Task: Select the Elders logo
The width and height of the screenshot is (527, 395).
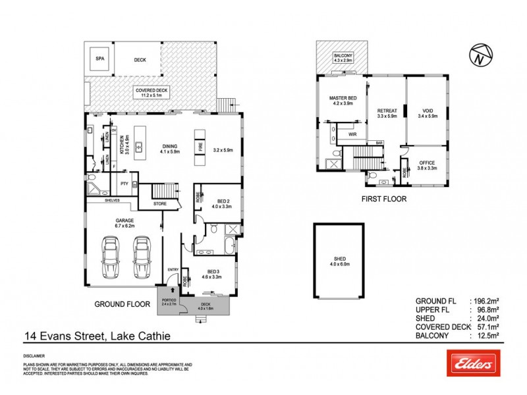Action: click(x=472, y=363)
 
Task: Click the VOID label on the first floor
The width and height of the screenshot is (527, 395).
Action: click(x=428, y=111)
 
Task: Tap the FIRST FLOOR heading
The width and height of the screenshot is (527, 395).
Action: click(x=384, y=198)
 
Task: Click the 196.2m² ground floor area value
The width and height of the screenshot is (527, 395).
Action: click(x=487, y=301)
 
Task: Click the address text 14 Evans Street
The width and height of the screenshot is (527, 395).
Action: click(x=57, y=336)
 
